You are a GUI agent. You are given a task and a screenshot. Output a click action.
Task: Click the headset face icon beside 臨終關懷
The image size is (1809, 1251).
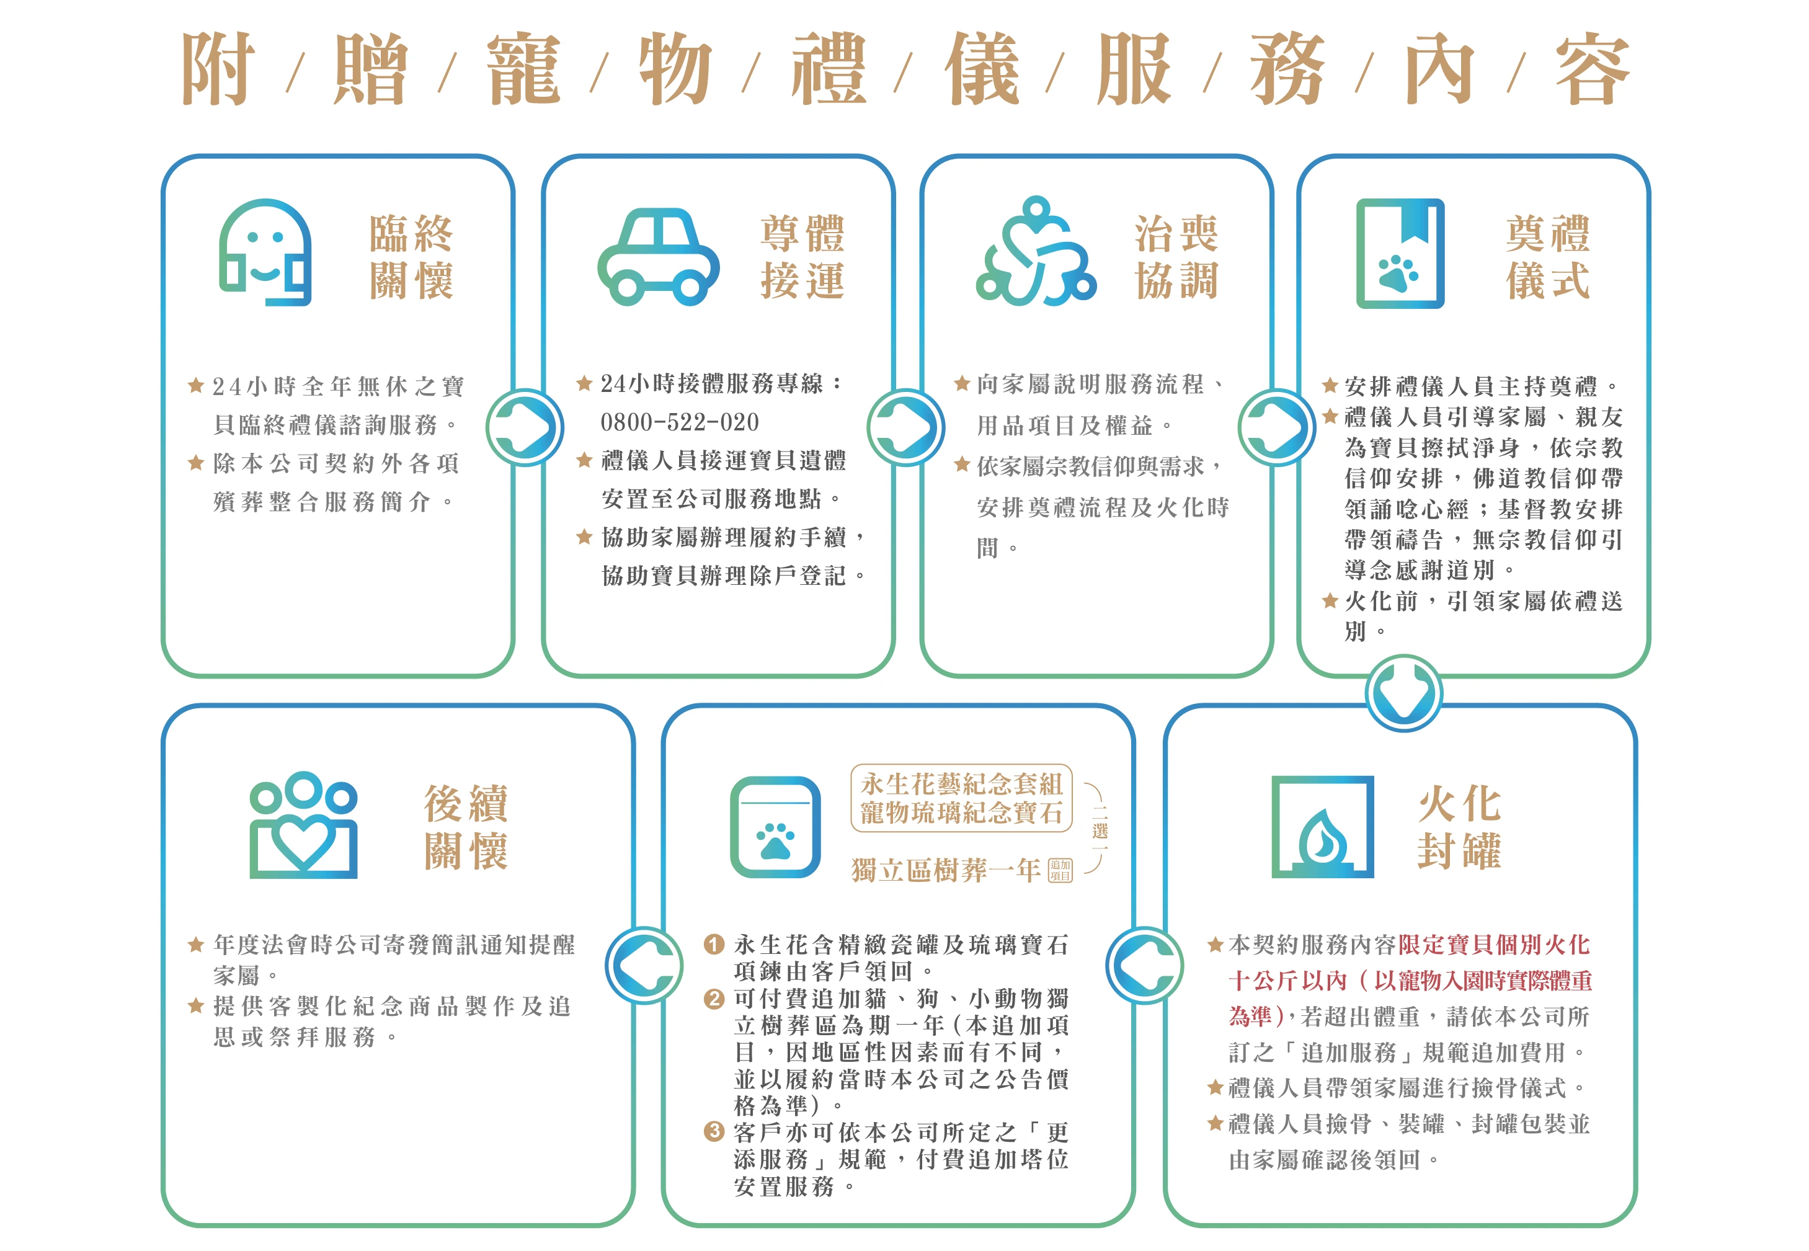pos(265,252)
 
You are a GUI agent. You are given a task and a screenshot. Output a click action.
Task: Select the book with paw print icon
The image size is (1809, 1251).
pos(1400,253)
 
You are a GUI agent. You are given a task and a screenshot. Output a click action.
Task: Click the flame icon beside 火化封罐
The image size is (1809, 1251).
pos(1322,827)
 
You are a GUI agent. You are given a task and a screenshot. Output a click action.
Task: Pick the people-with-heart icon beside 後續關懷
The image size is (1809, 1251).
pos(303,825)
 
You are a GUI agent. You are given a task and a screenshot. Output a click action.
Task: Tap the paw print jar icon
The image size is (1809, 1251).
pos(775,827)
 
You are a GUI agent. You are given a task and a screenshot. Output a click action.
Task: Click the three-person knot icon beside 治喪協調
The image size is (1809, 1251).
pos(1036,251)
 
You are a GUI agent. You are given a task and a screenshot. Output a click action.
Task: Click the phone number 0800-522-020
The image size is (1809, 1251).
pos(680,422)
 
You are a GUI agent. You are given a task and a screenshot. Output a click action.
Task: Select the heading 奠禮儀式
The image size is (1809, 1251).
pos(1547,256)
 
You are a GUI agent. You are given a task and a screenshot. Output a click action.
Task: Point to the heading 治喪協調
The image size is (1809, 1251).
pos(1176,256)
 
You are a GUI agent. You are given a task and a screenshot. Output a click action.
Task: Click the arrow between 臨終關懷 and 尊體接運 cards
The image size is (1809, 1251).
pos(525,427)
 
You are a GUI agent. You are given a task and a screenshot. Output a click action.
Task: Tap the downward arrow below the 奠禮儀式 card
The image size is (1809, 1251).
pos(1404,693)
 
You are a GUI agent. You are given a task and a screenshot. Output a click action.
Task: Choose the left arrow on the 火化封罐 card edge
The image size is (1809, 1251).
pos(1144,965)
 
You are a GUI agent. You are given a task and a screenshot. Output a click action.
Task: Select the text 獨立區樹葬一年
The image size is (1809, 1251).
pos(946,870)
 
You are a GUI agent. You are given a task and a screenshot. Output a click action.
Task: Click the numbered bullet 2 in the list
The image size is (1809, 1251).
pos(713,999)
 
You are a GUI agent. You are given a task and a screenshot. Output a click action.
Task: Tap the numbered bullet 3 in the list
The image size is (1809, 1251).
pos(713,1132)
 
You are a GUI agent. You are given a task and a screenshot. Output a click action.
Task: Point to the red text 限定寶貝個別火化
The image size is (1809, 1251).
pos(1494,945)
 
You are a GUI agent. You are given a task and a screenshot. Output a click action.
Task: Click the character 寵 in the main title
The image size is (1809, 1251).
pos(523,69)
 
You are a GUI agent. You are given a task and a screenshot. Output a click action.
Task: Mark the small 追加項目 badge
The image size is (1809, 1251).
pos(1060,870)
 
